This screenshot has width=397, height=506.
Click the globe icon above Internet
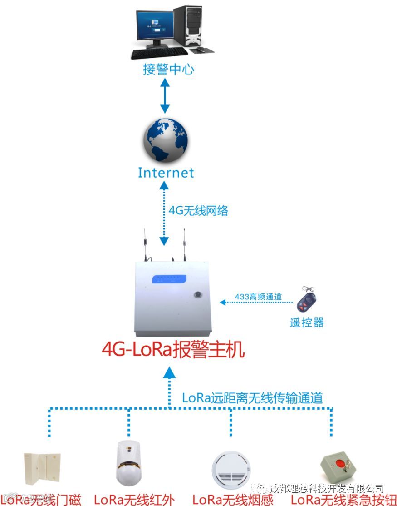(x=165, y=140)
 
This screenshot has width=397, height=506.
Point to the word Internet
(x=166, y=173)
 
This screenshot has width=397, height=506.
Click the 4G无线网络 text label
(x=198, y=211)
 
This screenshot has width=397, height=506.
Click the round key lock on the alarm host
(x=198, y=294)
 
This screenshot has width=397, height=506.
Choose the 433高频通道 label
(x=258, y=297)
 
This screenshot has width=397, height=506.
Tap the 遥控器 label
(x=307, y=322)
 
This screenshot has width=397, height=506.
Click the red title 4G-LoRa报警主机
(x=173, y=350)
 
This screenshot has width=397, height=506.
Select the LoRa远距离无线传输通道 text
(x=252, y=398)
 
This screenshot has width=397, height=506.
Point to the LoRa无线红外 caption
(x=134, y=500)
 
